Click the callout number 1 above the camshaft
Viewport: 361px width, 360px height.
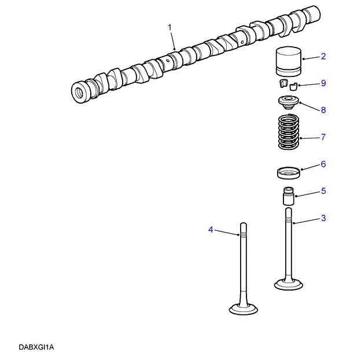point(170,27)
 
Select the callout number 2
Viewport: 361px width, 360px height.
point(323,56)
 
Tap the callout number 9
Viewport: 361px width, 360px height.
point(323,83)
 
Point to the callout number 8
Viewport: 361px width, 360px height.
point(323,110)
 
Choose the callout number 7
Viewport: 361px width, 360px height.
point(323,137)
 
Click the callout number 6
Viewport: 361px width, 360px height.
point(323,164)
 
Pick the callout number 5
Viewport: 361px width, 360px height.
point(323,191)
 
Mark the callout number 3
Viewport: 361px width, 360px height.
point(323,218)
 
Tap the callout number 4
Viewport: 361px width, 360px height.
point(211,230)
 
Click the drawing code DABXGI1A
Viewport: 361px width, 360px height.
point(36,347)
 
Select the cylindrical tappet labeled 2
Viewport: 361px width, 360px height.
point(289,62)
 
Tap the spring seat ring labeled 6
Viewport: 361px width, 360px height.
point(289,173)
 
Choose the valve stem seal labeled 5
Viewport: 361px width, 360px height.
point(289,196)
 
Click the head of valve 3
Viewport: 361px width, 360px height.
point(289,285)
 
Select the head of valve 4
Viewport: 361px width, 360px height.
point(244,308)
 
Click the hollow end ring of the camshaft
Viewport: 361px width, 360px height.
point(80,93)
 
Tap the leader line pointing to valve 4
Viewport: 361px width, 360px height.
point(227,233)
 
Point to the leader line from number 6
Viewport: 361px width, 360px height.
point(311,167)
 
